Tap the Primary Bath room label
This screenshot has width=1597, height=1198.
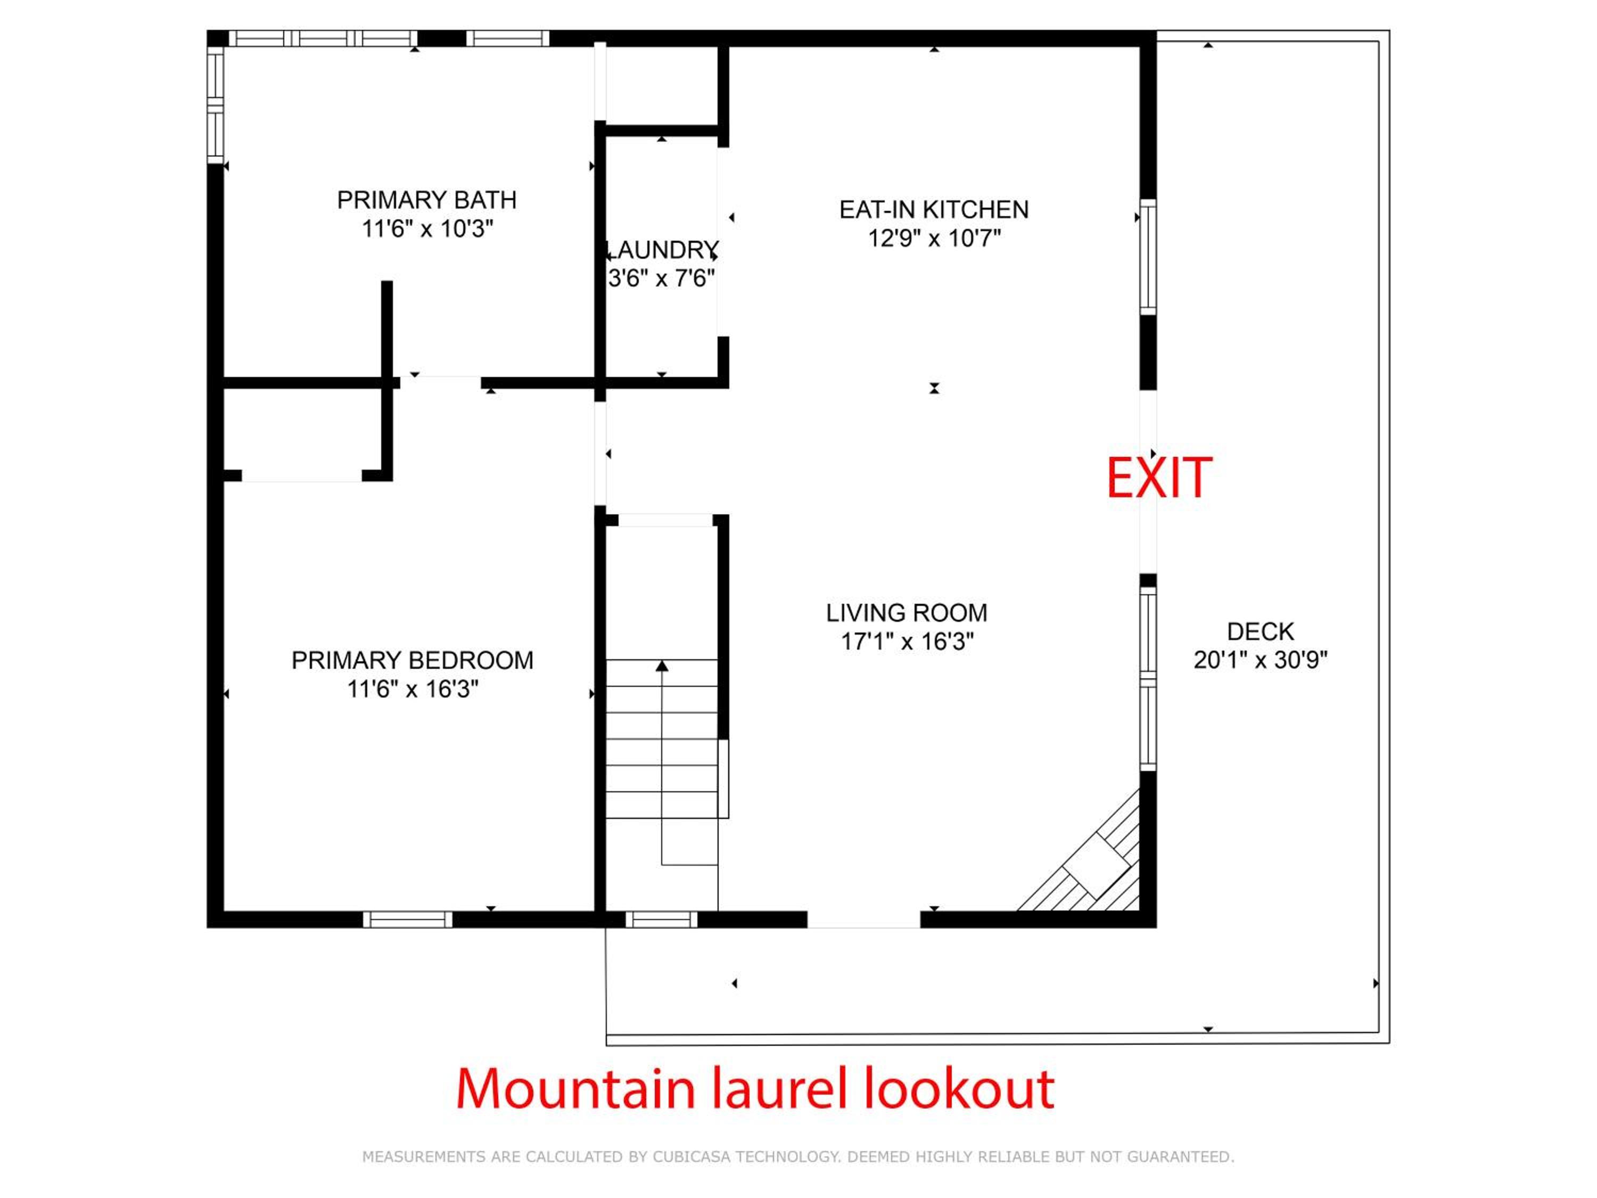[427, 200]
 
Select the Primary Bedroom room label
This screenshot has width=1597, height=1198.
[412, 660]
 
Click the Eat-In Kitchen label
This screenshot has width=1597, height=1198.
[934, 209]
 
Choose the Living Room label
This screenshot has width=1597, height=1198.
[907, 613]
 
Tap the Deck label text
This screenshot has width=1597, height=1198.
[1261, 632]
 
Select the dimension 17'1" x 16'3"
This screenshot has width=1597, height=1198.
[907, 641]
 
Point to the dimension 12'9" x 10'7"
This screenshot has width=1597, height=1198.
[934, 237]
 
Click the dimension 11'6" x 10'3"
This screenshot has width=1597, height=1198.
[427, 229]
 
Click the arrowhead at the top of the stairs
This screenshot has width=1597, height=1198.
[662, 666]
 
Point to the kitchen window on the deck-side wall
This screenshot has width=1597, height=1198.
[1148, 257]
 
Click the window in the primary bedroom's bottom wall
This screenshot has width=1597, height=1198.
[408, 919]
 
